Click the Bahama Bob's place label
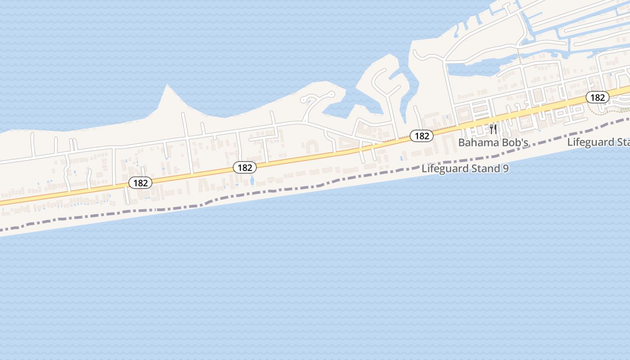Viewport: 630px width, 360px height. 493,143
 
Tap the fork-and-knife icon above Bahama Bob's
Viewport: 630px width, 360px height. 493,130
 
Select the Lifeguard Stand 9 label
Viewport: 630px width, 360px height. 465,169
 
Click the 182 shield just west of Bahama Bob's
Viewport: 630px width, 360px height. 421,135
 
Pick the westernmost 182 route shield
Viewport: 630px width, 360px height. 140,183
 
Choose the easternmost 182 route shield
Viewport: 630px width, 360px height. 597,97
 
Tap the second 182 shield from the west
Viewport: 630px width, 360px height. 244,168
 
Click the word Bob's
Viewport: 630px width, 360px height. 515,143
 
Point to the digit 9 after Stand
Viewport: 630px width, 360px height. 506,169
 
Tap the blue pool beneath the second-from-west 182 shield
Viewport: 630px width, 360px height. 252,180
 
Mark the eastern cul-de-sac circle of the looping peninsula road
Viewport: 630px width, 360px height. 332,94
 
